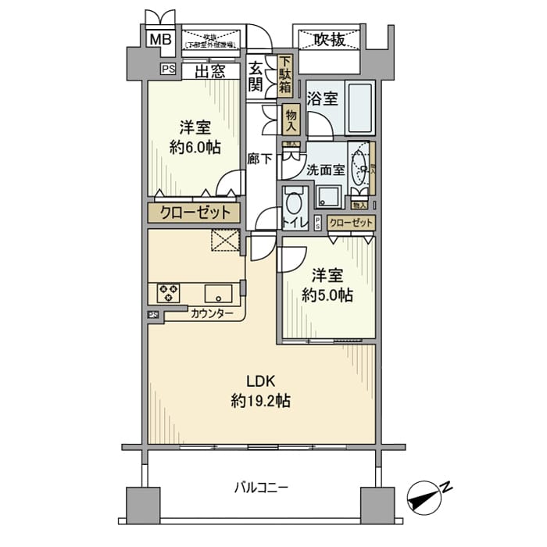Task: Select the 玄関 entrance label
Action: [256, 77]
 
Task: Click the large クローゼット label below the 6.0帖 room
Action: [195, 213]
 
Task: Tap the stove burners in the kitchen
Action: [168, 293]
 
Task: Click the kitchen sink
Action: [217, 293]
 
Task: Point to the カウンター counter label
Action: [211, 313]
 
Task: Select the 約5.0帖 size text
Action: [327, 295]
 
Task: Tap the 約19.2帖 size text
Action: [261, 402]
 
